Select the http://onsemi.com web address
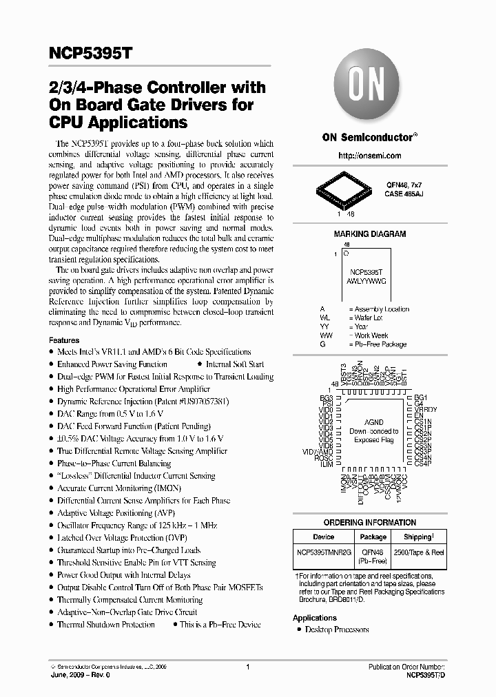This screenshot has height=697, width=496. (x=370, y=156)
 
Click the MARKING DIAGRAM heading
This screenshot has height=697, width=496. (x=369, y=234)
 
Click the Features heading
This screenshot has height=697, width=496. (x=64, y=340)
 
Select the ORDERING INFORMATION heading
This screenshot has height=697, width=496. (x=370, y=523)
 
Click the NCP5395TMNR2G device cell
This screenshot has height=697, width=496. (x=323, y=552)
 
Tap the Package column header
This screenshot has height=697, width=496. (x=374, y=537)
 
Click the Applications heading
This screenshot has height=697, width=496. (x=315, y=618)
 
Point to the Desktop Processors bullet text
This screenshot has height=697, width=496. (x=337, y=630)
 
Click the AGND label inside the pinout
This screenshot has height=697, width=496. (x=373, y=422)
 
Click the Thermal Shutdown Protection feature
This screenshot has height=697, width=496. (x=106, y=624)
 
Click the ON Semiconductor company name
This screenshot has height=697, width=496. (x=369, y=137)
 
